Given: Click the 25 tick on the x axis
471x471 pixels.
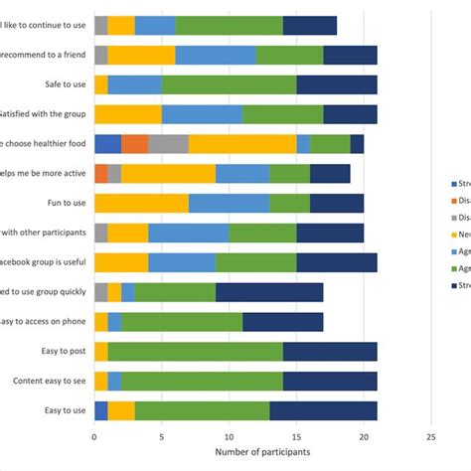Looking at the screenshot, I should click(431, 435).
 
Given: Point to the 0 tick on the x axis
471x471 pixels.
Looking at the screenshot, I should click(94, 435).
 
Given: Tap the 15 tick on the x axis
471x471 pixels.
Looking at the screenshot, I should click(296, 435).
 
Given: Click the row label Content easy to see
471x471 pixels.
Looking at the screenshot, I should click(47, 382).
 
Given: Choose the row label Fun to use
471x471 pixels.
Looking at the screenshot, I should click(62, 204).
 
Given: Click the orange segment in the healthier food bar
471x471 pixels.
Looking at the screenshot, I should click(135, 144).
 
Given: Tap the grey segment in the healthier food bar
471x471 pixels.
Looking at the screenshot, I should click(168, 144).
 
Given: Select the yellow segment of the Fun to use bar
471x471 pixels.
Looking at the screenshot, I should click(141, 204).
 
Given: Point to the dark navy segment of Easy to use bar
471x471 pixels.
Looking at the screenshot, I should click(323, 411).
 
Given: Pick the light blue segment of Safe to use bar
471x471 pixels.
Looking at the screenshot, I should click(135, 85).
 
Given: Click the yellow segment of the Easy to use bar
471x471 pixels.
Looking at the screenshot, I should click(121, 411).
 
